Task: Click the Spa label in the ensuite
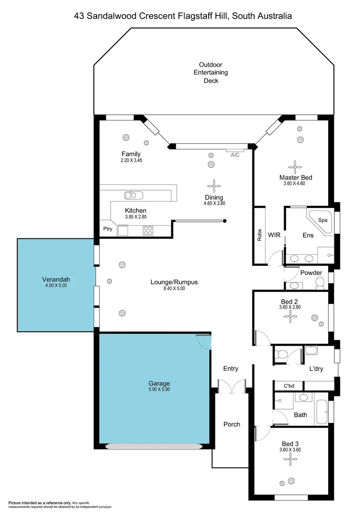[323, 220]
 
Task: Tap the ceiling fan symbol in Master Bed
[295, 166]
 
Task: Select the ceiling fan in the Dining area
[214, 185]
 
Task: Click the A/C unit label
[235, 155]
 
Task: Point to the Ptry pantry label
[108, 229]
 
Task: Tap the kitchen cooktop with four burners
[148, 230]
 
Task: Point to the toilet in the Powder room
[320, 283]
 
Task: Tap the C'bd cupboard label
[289, 385]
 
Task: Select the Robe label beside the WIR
[259, 236]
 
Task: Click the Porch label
[231, 424]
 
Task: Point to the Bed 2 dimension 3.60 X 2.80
[290, 307]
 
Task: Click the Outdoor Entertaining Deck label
[211, 73]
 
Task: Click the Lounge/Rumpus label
[174, 282]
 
